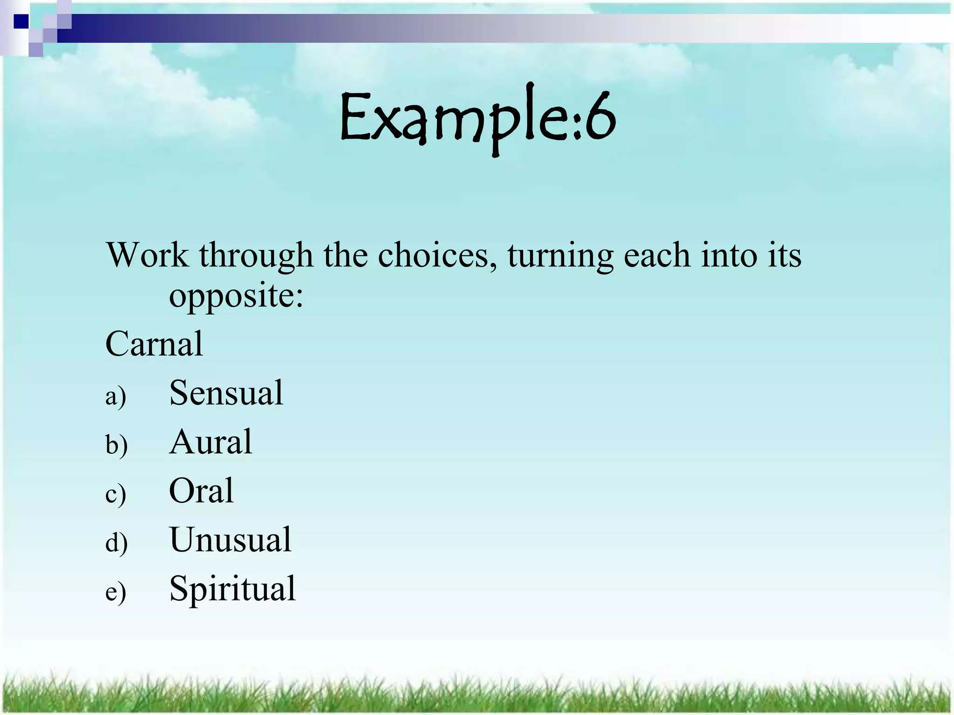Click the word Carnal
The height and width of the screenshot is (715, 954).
tap(154, 344)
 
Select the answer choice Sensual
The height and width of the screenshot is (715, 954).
tap(226, 393)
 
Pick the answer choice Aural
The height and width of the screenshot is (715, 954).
tap(211, 442)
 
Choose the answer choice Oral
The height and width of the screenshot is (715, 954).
tap(201, 491)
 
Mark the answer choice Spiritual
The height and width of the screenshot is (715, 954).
tap(232, 589)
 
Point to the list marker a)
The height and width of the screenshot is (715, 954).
tap(116, 397)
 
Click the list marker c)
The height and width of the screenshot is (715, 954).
tap(116, 494)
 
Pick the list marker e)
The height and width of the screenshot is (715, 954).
tap(116, 593)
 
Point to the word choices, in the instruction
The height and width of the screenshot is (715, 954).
tap(437, 256)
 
